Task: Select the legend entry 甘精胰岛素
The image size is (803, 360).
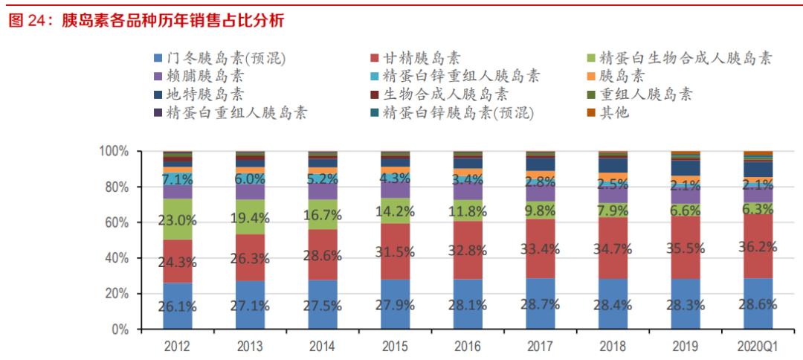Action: point(421,58)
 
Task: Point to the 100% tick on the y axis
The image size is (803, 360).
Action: point(115,152)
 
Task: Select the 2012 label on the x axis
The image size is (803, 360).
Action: point(177,347)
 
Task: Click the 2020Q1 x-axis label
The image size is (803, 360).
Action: point(758,347)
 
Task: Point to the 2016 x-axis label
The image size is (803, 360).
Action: point(468,347)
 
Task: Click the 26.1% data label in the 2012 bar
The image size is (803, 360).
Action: point(177,306)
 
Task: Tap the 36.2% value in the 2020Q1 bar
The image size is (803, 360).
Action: point(758,246)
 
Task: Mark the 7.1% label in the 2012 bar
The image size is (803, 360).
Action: point(177,179)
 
